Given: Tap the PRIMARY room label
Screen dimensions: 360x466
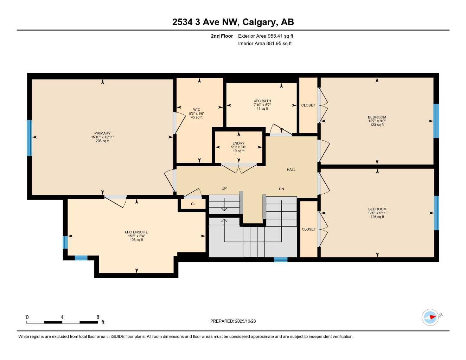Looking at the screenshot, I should [x=102, y=134].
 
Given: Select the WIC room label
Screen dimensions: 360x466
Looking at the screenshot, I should [x=197, y=110].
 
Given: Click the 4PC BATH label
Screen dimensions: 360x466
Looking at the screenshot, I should [x=262, y=101].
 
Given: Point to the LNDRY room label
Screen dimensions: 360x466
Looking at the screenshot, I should [x=238, y=143].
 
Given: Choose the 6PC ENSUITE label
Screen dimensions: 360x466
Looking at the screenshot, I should [x=136, y=232].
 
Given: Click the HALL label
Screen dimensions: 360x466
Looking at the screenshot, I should [x=291, y=170].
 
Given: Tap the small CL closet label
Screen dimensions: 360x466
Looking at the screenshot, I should [x=193, y=204].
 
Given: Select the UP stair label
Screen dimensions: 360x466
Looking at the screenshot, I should [x=224, y=188].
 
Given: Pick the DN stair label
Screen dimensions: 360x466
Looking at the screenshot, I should [x=281, y=189].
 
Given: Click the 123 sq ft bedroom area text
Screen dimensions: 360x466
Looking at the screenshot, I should [x=377, y=125].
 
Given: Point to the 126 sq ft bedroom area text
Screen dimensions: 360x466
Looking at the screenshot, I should [x=377, y=217].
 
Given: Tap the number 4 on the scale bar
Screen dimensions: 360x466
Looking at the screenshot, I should [x=62, y=317].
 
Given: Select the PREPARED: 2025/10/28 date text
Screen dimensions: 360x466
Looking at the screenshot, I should [x=233, y=321].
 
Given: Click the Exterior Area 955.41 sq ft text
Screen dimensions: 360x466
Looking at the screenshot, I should [x=266, y=36].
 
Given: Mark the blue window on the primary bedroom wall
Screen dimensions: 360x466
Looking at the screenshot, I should [x=30, y=138].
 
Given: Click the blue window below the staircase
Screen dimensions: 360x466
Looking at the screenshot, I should [x=281, y=260].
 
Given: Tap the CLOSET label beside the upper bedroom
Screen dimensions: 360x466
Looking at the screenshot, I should [x=308, y=105].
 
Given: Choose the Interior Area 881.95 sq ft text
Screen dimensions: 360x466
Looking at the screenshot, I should [x=265, y=44].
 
